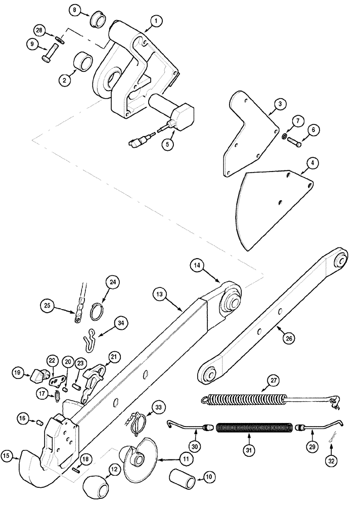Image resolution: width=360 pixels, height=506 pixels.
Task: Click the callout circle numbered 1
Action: click(x=156, y=21)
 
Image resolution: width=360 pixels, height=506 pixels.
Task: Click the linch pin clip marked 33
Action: click(x=138, y=427)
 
